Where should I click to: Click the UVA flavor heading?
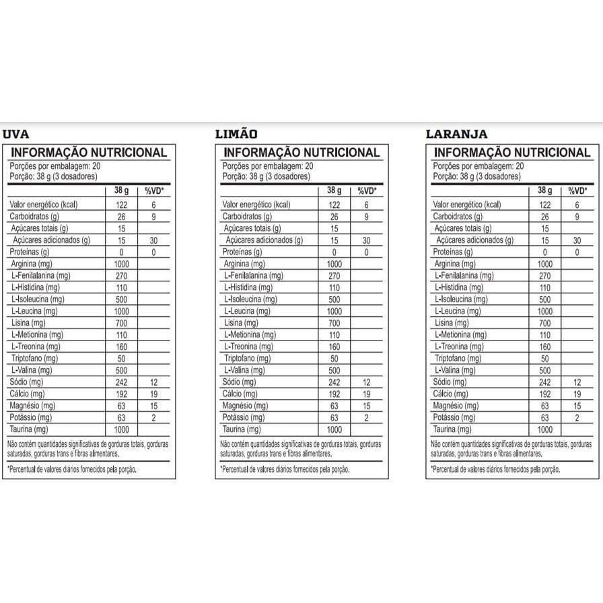click(x=16, y=134)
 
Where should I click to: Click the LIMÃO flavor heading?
click(x=236, y=134)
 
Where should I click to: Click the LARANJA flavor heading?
click(x=457, y=134)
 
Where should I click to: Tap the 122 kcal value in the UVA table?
click(x=122, y=205)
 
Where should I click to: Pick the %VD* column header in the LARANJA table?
click(x=577, y=191)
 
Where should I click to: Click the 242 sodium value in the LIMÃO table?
click(x=334, y=382)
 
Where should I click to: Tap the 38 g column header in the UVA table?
click(x=122, y=191)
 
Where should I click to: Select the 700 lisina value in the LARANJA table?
click(x=545, y=323)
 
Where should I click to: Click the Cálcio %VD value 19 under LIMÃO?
click(x=366, y=394)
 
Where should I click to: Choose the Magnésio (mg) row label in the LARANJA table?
click(x=456, y=406)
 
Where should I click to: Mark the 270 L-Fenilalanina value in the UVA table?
click(x=122, y=275)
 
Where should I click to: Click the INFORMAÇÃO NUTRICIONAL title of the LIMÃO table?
click(x=301, y=153)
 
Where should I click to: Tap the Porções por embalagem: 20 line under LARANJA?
click(x=478, y=166)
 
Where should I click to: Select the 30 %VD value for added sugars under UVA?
click(x=153, y=240)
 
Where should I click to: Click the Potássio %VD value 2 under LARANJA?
click(x=577, y=417)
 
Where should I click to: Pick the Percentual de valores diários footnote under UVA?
click(x=72, y=469)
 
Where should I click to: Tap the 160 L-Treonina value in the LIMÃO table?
click(x=334, y=347)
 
